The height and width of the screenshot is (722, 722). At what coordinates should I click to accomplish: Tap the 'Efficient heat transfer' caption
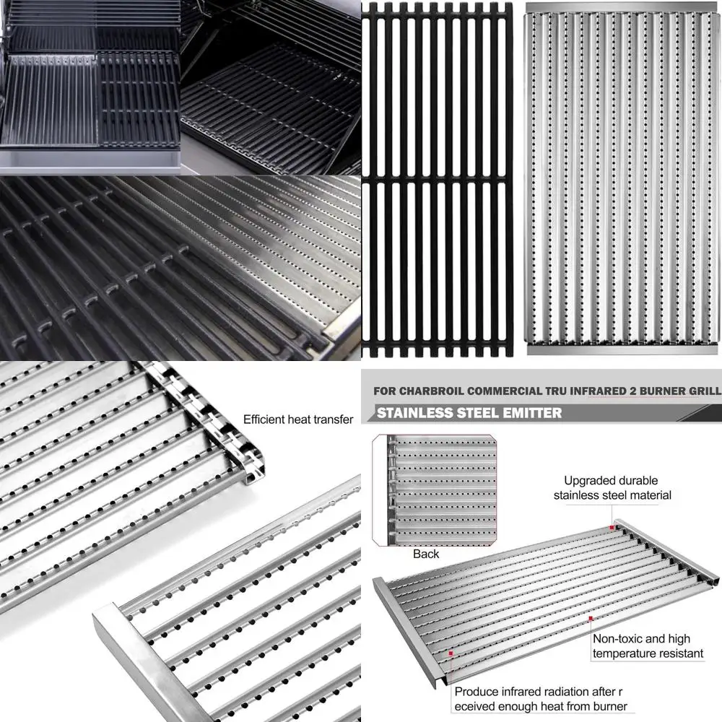pos(298,419)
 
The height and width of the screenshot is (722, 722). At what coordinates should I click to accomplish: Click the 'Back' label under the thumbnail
pos(426,554)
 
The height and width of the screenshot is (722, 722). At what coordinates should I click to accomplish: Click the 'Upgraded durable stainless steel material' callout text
pos(612,487)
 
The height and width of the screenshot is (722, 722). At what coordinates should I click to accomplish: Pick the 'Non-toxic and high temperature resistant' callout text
pos(648,646)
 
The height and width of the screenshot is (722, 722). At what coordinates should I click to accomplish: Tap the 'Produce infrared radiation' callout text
pos(540,698)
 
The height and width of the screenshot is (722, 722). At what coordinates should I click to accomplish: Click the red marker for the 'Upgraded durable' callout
pos(612,527)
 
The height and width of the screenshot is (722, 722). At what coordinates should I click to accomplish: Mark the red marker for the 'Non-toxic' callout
pos(591,619)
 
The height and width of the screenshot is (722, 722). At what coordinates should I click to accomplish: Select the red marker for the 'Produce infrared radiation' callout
pos(451,653)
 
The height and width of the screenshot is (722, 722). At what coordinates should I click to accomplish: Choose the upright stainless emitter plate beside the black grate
pos(622,179)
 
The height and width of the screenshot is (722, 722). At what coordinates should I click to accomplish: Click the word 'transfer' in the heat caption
pos(332,419)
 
